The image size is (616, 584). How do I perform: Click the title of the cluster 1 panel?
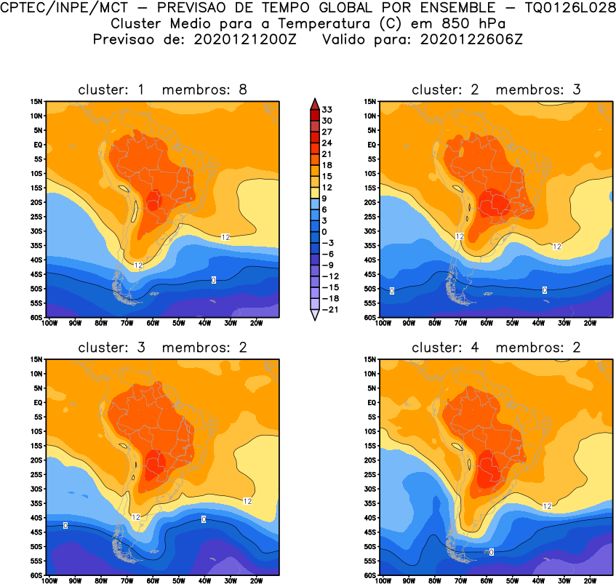click(x=162, y=89)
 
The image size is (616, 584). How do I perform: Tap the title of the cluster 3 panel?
click(x=162, y=348)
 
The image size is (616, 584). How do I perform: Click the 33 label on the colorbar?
click(x=327, y=109)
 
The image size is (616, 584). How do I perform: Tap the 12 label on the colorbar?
click(x=327, y=188)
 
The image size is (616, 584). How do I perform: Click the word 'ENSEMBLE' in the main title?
click(x=425, y=9)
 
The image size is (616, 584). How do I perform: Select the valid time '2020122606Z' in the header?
click(x=471, y=39)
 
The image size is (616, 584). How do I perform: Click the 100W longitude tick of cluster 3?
click(x=50, y=580)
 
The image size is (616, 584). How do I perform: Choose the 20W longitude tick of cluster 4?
click(x=589, y=580)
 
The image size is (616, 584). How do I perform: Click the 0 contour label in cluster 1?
click(x=214, y=280)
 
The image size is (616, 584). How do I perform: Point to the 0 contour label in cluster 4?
click(x=492, y=552)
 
